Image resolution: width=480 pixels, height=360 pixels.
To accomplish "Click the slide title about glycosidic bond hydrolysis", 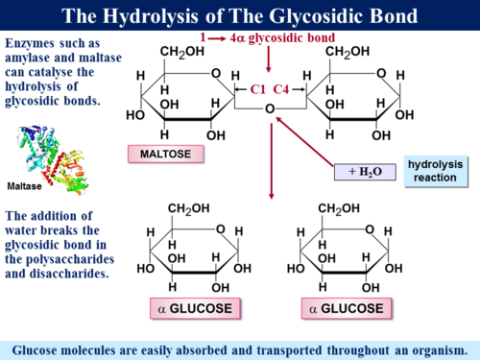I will point(240,15).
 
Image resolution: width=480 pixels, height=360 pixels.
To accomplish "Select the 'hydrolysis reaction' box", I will point(435,171).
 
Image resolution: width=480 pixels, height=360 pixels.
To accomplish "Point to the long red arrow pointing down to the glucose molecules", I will point(273,154).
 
